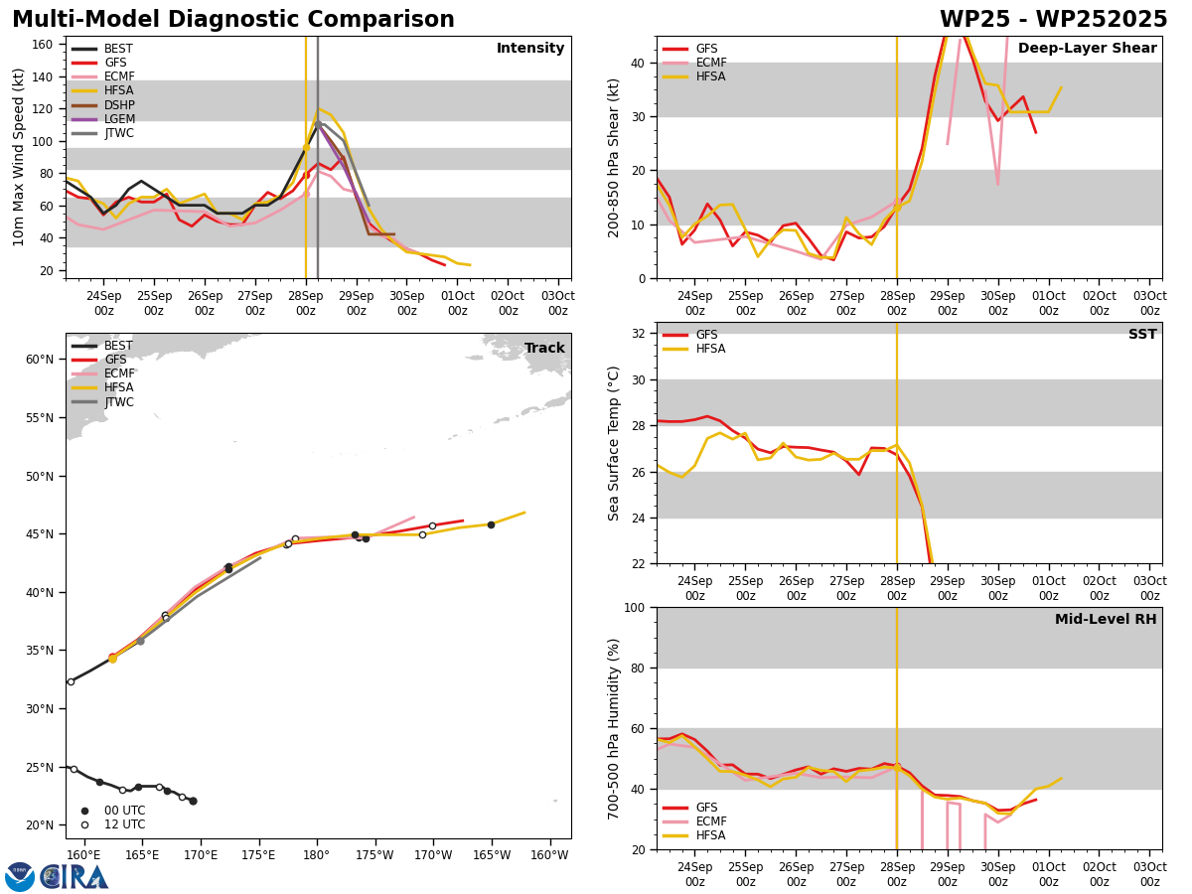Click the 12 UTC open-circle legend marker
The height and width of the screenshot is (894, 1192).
coord(84,824)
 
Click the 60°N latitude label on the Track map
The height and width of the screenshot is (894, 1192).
coord(40,360)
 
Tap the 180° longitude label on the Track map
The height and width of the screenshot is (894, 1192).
coord(317,855)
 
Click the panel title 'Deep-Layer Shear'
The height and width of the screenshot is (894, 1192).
coord(1087,49)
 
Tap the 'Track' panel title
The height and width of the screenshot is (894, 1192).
coord(544,348)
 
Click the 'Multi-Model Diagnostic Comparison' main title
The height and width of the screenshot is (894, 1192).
coord(233,19)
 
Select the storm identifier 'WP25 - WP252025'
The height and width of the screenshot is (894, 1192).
coord(1054,19)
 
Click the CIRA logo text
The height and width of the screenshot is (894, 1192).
coord(74,877)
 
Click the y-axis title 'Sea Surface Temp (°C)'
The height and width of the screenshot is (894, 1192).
coord(613,444)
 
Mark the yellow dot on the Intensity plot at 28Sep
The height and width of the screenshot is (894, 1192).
coord(306,148)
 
